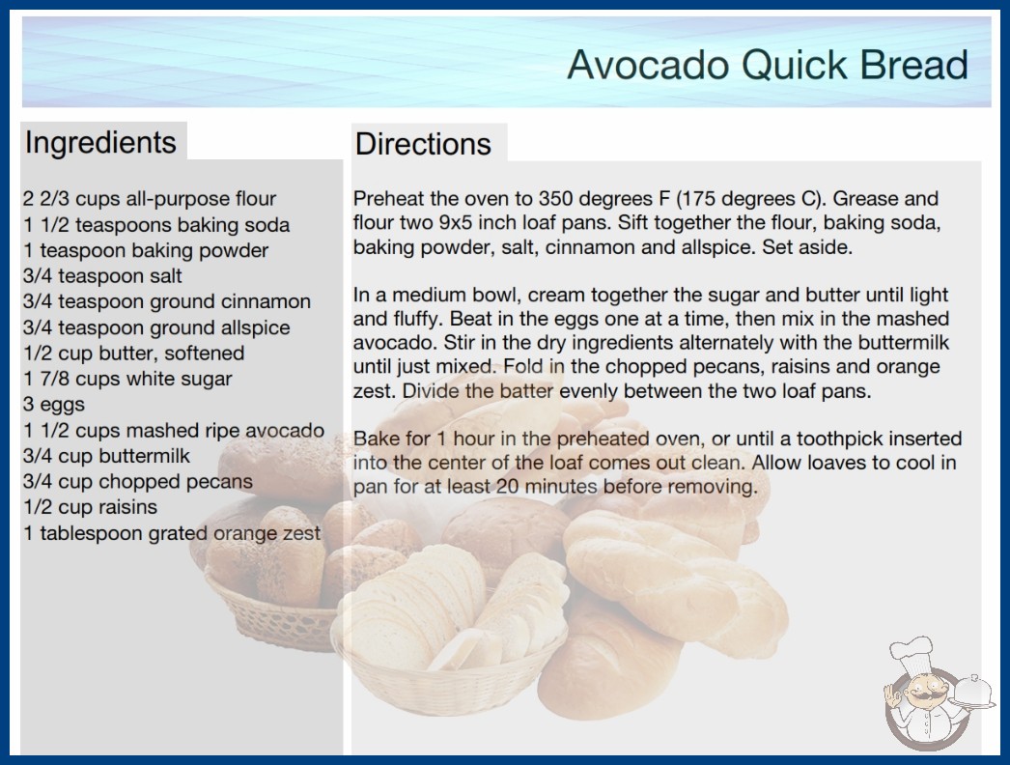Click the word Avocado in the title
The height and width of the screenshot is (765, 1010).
tap(648, 65)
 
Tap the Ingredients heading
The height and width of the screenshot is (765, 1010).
tap(100, 143)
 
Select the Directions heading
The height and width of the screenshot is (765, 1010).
tap(423, 144)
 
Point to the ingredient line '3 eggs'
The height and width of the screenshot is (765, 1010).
tap(53, 405)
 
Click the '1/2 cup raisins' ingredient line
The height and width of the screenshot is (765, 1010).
tap(90, 507)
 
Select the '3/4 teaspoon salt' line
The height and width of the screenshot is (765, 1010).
tap(101, 276)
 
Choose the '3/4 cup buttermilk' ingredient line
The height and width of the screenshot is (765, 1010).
tap(106, 456)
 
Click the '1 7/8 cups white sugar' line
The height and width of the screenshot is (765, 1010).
tap(126, 379)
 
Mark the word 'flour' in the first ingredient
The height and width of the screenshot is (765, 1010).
tap(256, 199)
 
